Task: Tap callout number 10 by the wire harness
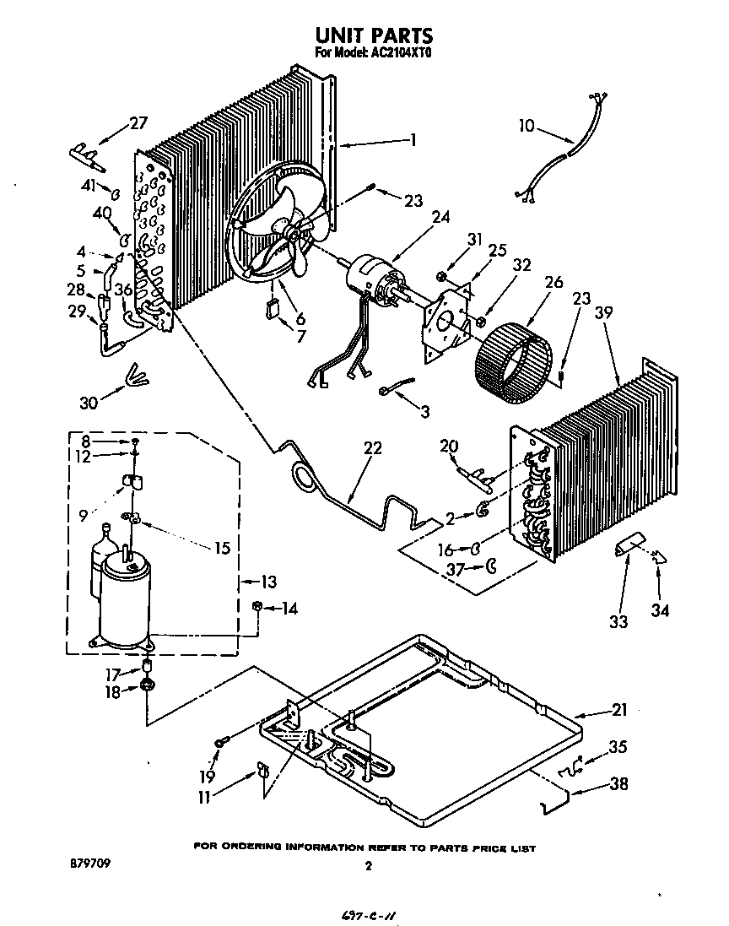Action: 526,127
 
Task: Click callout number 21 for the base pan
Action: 619,711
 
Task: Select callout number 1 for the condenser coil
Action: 413,140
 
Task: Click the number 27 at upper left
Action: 138,124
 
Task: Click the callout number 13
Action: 269,582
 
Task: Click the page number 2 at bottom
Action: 368,865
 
